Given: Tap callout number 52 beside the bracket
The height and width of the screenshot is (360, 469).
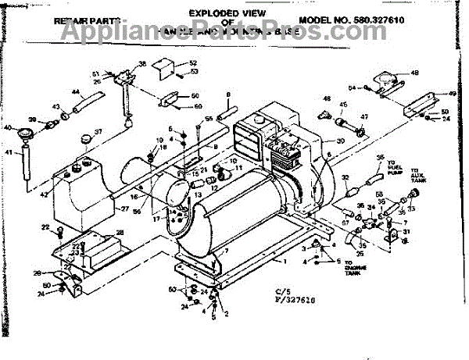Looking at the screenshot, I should click(192, 62).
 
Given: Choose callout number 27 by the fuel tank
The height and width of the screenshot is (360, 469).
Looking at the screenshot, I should click(125, 209).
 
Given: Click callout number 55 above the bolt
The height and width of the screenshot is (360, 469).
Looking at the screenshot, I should click(209, 118).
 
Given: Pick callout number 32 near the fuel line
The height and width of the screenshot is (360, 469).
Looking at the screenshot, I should click(345, 179).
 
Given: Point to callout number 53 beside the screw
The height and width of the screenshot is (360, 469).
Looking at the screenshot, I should click(194, 72).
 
